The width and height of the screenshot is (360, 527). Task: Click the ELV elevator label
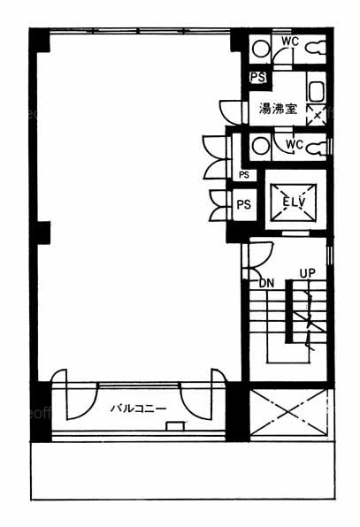pyautogui.click(x=294, y=202)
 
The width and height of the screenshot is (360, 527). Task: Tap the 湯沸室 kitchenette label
pyautogui.click(x=278, y=109)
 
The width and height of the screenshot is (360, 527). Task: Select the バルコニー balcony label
pyautogui.click(x=139, y=409)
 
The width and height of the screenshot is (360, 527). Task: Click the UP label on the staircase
pyautogui.click(x=308, y=273)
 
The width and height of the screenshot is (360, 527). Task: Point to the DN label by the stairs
pyautogui.click(x=267, y=283)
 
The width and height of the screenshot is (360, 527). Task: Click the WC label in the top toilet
pyautogui.click(x=290, y=42)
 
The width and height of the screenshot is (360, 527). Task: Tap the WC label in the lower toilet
pyautogui.click(x=295, y=145)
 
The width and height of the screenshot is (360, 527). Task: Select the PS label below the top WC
pyautogui.click(x=258, y=77)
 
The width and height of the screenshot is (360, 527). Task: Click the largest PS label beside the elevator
pyautogui.click(x=244, y=204)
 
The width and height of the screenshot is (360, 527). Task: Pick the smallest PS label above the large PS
pyautogui.click(x=244, y=175)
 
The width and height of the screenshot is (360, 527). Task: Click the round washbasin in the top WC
pyautogui.click(x=261, y=50)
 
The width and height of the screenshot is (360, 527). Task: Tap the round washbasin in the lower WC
pyautogui.click(x=261, y=147)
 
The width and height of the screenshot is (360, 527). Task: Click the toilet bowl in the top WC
pyautogui.click(x=316, y=48)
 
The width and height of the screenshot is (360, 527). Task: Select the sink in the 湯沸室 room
pyautogui.click(x=317, y=91)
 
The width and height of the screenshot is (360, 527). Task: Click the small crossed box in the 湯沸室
pyautogui.click(x=317, y=115)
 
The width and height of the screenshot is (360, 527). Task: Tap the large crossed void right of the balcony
pyautogui.click(x=288, y=412)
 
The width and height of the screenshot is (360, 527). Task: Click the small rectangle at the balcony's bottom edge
pyautogui.click(x=175, y=426)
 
